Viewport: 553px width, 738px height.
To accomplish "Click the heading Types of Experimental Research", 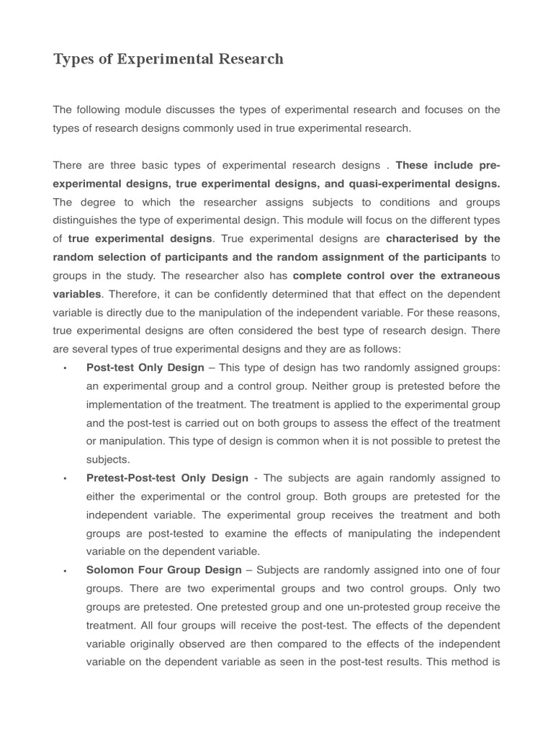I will [x=168, y=59].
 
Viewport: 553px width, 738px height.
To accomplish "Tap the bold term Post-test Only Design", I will [x=145, y=368].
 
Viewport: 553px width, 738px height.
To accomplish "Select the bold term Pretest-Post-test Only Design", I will [x=167, y=479].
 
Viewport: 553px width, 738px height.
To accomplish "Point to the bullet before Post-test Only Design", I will [x=66, y=368].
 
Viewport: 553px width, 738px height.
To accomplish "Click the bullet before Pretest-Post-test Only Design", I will [x=66, y=479].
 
